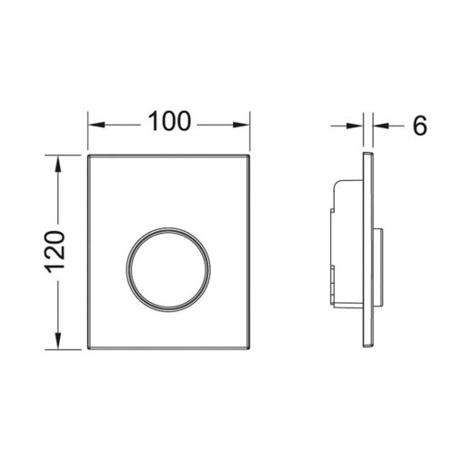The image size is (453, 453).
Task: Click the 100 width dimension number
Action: tap(169, 121)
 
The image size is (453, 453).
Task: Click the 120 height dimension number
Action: tap(55, 252)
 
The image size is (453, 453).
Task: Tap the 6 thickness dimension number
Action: tap(419, 126)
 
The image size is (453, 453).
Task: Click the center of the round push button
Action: tap(168, 269)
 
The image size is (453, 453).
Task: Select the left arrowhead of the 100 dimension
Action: tap(96, 125)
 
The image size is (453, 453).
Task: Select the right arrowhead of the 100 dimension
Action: tap(241, 125)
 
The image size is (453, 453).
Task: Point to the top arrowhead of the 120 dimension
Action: tap(57, 164)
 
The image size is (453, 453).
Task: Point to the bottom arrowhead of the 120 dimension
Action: tap(57, 341)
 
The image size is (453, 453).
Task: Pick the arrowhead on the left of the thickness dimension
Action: tap(355, 126)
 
